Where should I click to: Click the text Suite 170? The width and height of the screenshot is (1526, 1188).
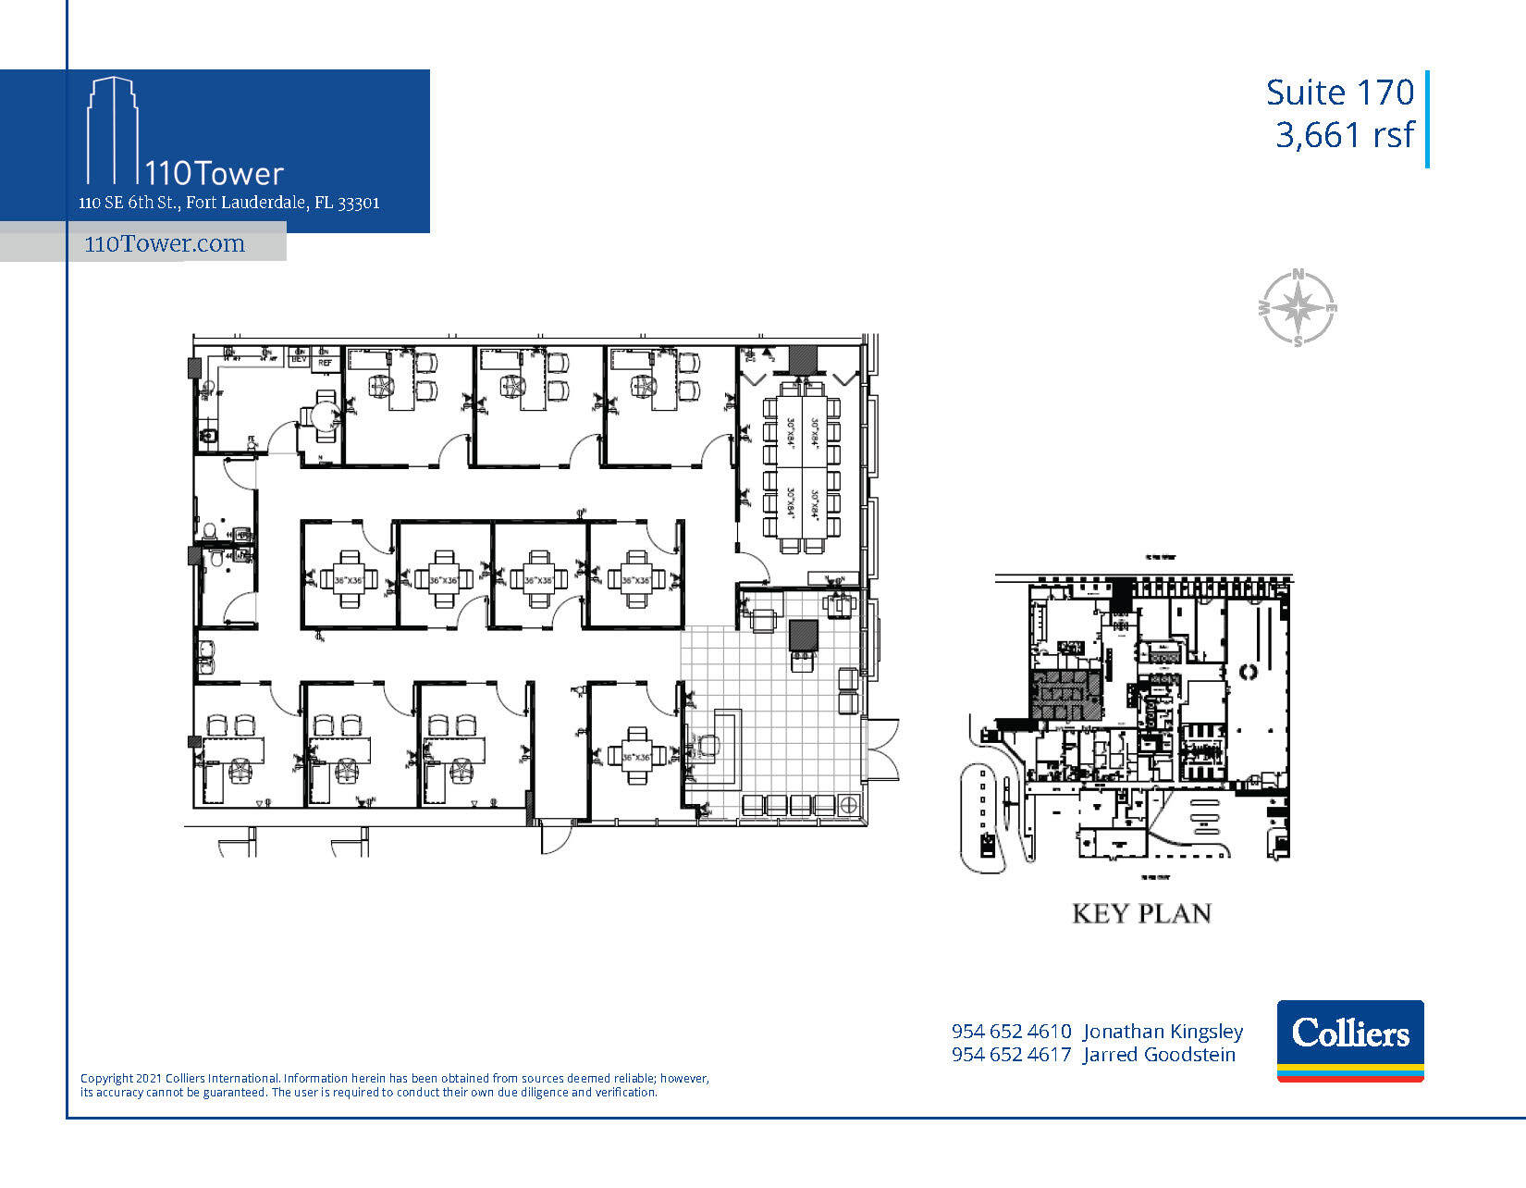pos(1339,93)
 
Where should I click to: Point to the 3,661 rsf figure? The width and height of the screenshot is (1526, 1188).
pos(1344,135)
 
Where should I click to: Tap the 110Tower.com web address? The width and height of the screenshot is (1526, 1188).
pos(165,244)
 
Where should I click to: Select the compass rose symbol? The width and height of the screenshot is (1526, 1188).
pos(1298,308)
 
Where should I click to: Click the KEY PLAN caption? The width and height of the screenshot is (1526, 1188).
pos(1141,913)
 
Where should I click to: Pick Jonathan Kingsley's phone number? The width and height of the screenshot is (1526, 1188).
pos(1011,1031)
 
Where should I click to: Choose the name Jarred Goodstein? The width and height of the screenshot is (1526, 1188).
pos(1159,1055)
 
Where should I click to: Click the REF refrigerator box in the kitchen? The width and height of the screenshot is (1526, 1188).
pos(325,363)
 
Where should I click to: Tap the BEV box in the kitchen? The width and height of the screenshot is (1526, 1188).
pos(299,359)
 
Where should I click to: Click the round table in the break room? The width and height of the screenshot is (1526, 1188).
pos(323,416)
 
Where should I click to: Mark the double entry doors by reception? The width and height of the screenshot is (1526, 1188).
pos(883,749)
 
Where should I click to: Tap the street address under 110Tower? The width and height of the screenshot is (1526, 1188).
pos(229,203)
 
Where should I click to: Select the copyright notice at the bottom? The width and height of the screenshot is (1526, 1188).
pos(395,1085)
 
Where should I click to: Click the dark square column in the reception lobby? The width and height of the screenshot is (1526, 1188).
pos(803,635)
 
